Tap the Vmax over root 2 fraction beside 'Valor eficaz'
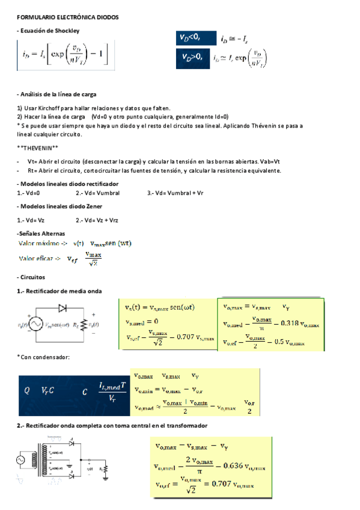[x=94, y=259]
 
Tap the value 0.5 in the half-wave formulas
[x=293, y=343]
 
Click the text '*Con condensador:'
[x=43, y=357]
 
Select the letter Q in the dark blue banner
[x=26, y=390]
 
